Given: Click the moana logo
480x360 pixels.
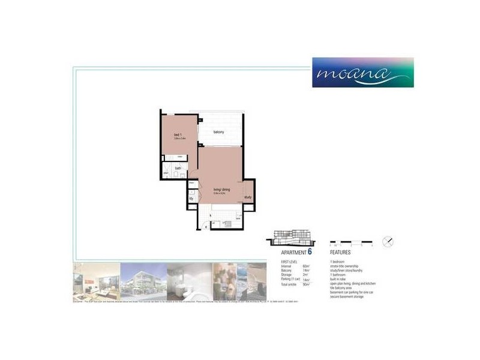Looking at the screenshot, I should (362, 73).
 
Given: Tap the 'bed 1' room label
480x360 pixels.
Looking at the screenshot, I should (178, 134).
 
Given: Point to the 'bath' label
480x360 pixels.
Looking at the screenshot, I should (178, 169).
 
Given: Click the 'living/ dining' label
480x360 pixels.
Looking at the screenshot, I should (221, 190).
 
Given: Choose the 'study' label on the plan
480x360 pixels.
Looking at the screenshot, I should (247, 197).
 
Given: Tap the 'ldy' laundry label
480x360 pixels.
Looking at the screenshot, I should (191, 198).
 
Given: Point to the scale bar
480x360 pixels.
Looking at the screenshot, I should (352, 244).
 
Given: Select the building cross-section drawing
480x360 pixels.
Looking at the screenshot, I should (290, 237).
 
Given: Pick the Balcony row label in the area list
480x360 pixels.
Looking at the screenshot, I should (287, 271).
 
